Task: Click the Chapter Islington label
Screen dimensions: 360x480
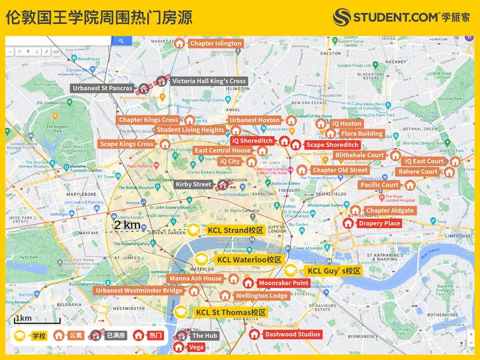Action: point(215,43)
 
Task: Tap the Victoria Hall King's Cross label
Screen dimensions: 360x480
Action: point(209,81)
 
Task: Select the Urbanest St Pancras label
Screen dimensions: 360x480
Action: point(103,88)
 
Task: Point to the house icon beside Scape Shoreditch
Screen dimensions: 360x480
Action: point(295,145)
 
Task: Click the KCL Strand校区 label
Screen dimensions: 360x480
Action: point(235,231)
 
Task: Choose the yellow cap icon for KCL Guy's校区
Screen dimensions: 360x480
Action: point(291,271)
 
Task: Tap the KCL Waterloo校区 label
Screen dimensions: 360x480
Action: point(249,259)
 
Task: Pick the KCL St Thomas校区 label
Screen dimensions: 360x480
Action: point(231,312)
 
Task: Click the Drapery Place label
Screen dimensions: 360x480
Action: point(379,223)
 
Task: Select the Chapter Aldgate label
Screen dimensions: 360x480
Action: point(390,211)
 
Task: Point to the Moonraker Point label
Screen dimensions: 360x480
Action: point(283,283)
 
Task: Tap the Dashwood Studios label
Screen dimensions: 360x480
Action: point(292,334)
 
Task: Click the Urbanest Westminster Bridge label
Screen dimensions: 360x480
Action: point(139,291)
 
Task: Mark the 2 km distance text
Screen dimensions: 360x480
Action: point(127,225)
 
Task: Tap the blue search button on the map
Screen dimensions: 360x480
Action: point(121,41)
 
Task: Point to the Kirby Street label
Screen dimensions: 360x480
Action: point(193,184)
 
